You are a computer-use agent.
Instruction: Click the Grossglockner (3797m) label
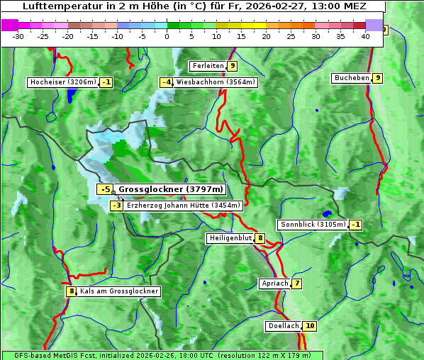[x=170, y=189]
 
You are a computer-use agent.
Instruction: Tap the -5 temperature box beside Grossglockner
[x=105, y=189]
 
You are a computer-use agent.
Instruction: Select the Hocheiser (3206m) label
[x=62, y=82]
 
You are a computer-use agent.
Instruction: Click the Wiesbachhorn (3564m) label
[x=216, y=82]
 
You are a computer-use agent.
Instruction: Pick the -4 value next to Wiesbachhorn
[x=167, y=82]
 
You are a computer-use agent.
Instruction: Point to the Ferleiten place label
[x=208, y=66]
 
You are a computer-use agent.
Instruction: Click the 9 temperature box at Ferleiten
[x=233, y=66]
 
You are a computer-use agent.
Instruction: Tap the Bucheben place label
[x=352, y=78]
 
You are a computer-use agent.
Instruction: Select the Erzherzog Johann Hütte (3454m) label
[x=184, y=206]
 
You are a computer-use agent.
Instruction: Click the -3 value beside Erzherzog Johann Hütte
[x=117, y=206]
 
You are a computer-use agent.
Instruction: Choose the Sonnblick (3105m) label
[x=313, y=225]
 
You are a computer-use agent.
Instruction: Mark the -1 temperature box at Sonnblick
[x=356, y=225]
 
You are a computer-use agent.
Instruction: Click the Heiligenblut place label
[x=230, y=238]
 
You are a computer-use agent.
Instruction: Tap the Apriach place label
[x=274, y=283]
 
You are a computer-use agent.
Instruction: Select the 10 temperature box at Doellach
[x=310, y=326]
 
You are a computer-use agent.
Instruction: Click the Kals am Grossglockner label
[x=119, y=291]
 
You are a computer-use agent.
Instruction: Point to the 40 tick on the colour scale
[x=365, y=36]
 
